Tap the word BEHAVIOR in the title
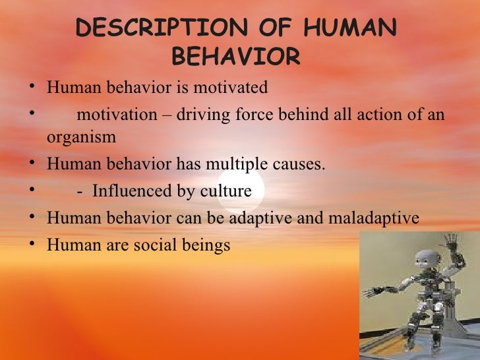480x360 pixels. coord(235,57)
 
